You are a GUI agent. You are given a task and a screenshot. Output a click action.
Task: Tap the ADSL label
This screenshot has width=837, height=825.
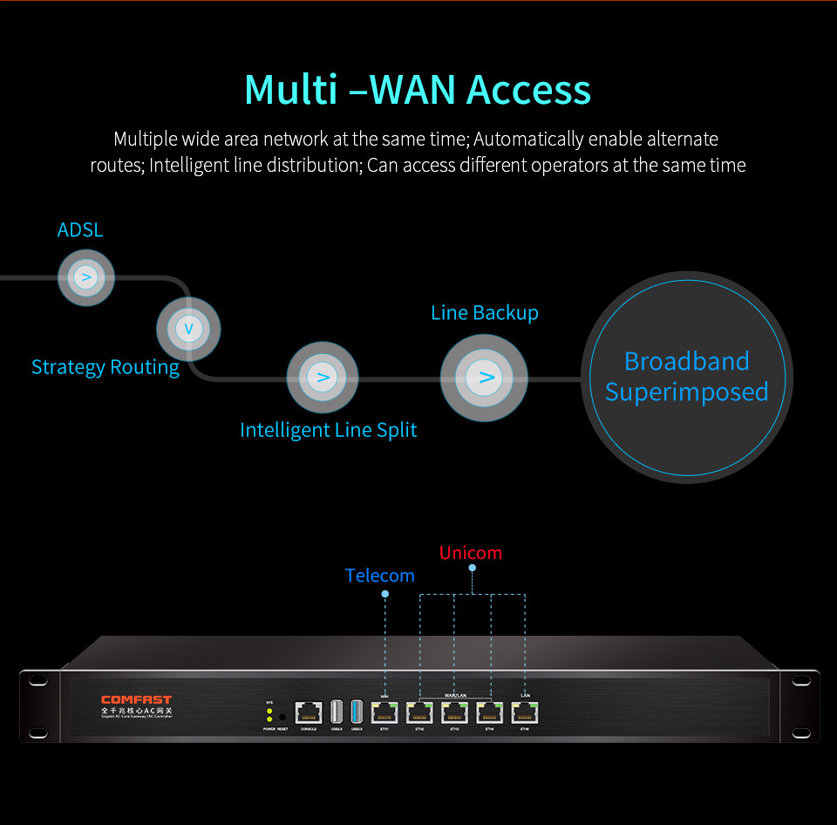(80, 230)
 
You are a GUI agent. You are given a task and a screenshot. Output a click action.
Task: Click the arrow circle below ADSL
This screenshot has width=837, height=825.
(86, 277)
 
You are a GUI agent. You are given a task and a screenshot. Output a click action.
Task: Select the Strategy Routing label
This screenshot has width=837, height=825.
(105, 367)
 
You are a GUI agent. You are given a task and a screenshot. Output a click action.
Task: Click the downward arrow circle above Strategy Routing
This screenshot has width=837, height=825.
(188, 330)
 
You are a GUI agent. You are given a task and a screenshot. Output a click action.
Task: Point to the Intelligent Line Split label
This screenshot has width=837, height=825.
(329, 430)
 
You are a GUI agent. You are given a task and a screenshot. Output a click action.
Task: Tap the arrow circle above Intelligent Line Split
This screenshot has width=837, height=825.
(323, 378)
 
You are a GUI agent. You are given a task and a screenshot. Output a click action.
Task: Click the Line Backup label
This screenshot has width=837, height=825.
(485, 312)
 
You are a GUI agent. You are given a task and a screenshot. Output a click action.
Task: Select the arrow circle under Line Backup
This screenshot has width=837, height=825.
(484, 378)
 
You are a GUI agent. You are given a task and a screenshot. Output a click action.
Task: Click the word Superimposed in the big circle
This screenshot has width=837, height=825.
(687, 392)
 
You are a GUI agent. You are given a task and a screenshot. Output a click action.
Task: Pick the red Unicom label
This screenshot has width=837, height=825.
(471, 553)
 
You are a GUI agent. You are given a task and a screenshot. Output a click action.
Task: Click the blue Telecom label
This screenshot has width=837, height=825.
(380, 576)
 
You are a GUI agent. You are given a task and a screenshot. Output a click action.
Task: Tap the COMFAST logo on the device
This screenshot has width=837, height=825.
(137, 699)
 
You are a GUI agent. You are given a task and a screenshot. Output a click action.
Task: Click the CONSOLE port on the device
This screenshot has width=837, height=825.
(309, 712)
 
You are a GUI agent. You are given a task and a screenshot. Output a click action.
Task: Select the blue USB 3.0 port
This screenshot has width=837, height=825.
(356, 711)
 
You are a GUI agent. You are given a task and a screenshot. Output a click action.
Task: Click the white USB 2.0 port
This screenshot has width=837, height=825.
(337, 711)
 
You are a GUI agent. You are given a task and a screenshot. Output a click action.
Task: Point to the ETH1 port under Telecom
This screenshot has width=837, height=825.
(384, 712)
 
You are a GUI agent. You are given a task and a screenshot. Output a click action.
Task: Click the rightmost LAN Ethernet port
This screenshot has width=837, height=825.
(525, 712)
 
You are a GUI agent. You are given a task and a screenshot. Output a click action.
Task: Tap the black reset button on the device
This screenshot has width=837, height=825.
(282, 716)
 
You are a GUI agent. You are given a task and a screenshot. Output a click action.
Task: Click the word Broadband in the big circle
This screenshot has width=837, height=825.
(687, 361)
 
